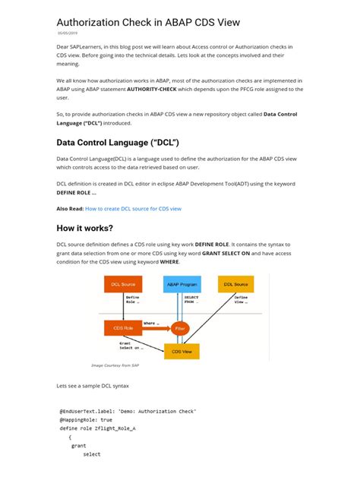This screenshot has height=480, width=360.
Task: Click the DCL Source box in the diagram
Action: (x=123, y=283)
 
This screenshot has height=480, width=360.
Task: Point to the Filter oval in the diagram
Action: (x=179, y=328)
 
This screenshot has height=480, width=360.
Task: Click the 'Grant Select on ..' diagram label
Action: (x=131, y=346)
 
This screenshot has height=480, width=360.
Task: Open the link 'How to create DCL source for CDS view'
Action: (x=133, y=207)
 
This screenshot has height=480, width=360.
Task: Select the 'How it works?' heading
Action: (x=85, y=228)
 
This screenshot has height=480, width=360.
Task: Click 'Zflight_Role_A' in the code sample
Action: (x=112, y=429)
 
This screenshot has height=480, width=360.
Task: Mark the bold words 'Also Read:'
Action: (x=69, y=207)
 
